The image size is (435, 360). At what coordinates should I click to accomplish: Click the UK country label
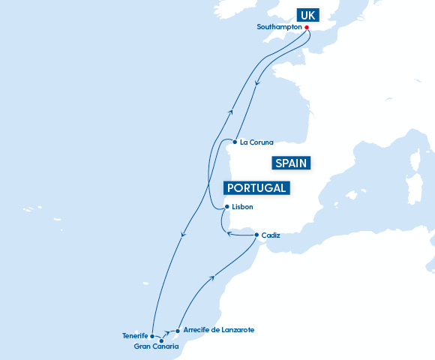tap(307, 16)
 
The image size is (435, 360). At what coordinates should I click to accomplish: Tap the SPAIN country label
tap(292, 163)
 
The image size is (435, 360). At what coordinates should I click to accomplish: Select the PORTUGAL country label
tap(257, 187)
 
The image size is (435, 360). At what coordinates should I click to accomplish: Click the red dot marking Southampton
tap(307, 28)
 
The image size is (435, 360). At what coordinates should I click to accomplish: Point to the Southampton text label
tap(279, 27)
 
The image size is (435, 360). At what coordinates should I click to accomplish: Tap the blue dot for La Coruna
tap(235, 142)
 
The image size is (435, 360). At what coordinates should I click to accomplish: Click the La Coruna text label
tap(257, 142)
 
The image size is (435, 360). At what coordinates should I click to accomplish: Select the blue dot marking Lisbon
tap(227, 207)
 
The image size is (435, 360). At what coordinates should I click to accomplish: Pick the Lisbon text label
tap(243, 207)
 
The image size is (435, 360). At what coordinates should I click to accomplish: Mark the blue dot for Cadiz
tap(257, 235)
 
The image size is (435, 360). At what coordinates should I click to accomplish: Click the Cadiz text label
tap(271, 235)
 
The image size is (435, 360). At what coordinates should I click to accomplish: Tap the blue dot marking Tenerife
tap(152, 336)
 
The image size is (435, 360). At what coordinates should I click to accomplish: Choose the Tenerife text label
tap(135, 336)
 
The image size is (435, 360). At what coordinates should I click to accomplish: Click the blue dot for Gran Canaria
tap(161, 340)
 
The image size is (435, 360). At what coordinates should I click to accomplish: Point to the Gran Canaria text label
tap(156, 347)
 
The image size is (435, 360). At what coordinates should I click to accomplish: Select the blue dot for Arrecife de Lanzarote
tap(177, 330)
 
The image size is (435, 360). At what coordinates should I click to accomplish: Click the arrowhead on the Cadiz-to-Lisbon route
tap(229, 235)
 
